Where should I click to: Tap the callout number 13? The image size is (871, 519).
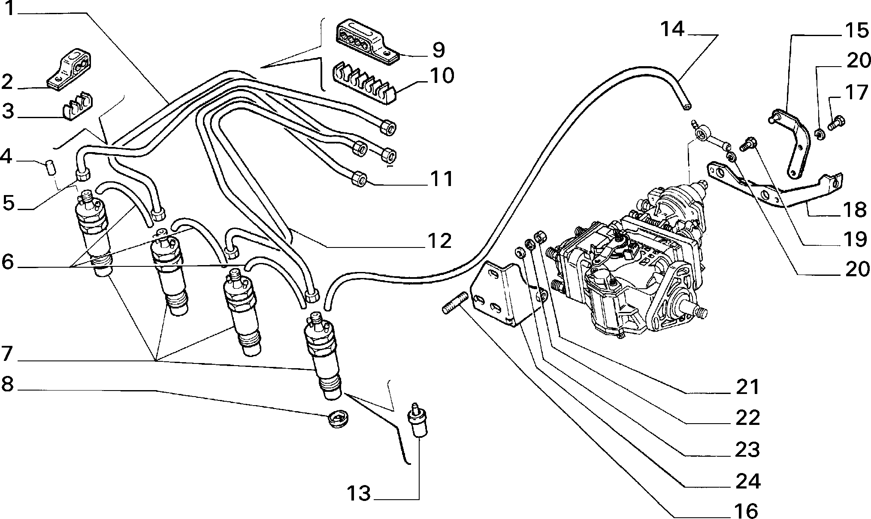click(359, 494)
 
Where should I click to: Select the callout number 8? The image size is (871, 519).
click(7, 385)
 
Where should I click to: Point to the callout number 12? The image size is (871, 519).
click(438, 241)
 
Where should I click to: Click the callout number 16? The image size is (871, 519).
click(747, 510)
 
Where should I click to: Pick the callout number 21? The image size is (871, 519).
click(747, 387)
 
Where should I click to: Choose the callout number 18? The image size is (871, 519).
click(854, 210)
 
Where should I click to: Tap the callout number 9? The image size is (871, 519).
click(438, 50)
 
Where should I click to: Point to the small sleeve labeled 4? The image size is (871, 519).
click(50, 167)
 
